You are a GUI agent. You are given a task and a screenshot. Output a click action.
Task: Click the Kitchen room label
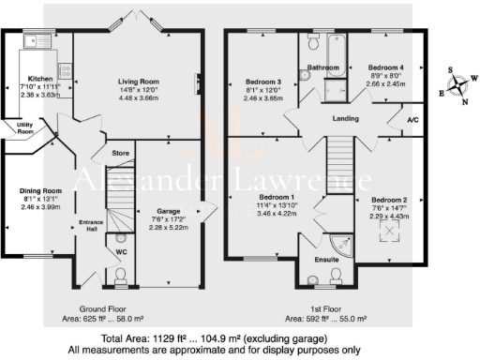pyautogui.click(x=40, y=80)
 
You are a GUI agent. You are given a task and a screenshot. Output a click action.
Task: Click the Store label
pyautogui.click(x=119, y=152)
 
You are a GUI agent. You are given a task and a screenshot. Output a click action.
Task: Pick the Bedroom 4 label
pyautogui.click(x=386, y=68)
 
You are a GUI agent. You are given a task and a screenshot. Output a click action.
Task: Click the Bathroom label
pyautogui.click(x=324, y=67)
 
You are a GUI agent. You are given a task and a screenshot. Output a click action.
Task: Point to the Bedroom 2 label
pyautogui.click(x=389, y=201)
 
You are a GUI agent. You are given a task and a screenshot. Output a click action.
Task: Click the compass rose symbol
pyautogui.click(x=458, y=87)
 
